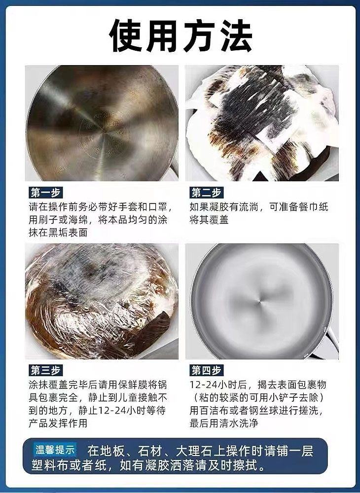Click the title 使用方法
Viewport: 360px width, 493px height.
pos(180,35)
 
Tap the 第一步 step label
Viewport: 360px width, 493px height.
pos(45,192)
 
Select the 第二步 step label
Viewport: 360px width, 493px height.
pos(206,192)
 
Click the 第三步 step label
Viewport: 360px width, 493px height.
pos(45,370)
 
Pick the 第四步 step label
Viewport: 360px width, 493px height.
pos(206,370)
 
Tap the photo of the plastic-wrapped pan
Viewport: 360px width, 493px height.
pos(102,301)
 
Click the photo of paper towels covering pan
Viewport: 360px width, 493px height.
pos(262,123)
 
